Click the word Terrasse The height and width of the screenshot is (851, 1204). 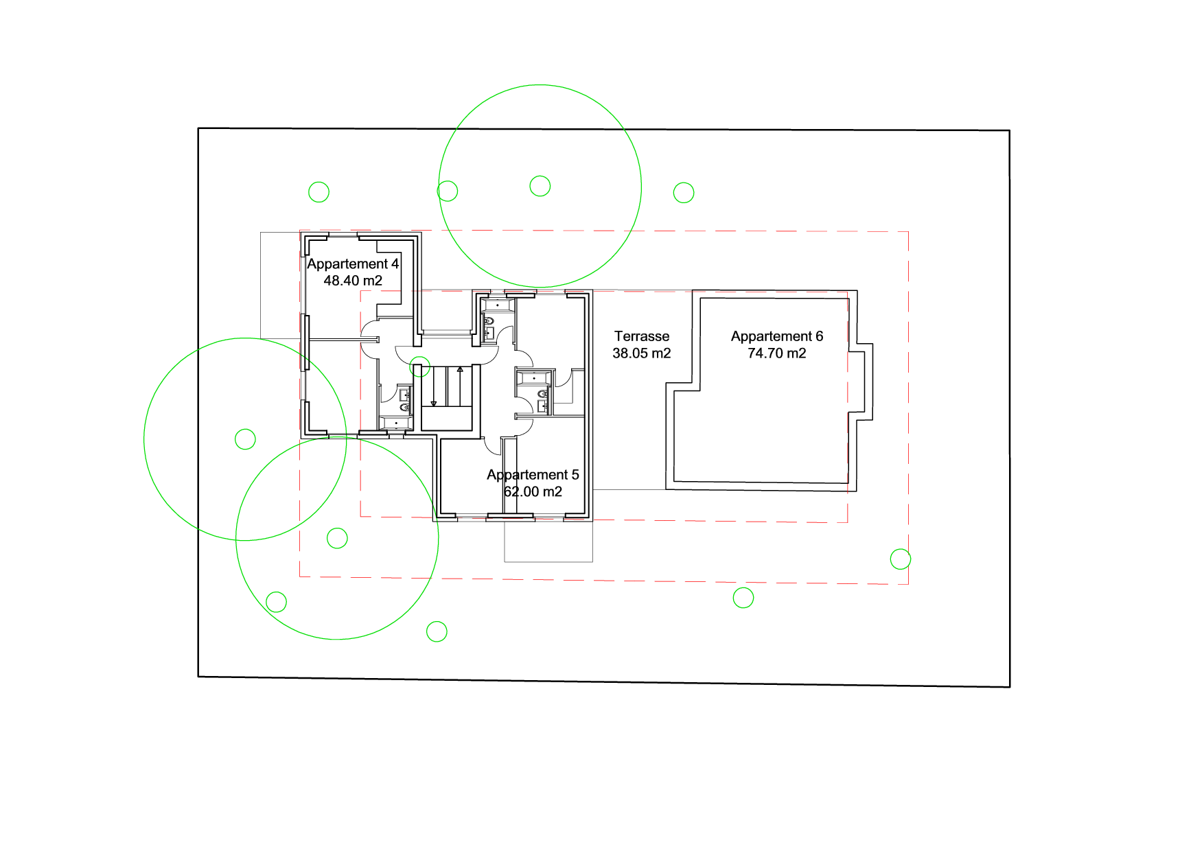[x=642, y=336]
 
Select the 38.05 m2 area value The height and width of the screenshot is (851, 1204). [x=642, y=353]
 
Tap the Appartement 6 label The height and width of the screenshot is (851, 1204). [x=777, y=336]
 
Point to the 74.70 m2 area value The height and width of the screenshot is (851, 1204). [x=777, y=353]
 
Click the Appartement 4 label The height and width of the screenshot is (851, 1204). [x=353, y=264]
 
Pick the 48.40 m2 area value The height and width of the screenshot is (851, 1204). [x=353, y=281]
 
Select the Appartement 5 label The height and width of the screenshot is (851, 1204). [x=533, y=475]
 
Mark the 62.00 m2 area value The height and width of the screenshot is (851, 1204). [x=533, y=492]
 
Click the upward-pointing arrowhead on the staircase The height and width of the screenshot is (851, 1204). [x=461, y=370]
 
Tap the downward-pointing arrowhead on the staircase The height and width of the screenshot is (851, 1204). [x=434, y=404]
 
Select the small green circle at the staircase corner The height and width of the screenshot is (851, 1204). [x=420, y=367]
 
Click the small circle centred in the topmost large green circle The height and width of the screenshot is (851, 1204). [x=540, y=186]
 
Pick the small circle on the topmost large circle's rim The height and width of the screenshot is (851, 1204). [x=448, y=191]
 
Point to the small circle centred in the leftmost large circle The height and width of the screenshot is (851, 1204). [x=245, y=439]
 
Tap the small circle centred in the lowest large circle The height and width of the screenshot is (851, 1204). [x=337, y=538]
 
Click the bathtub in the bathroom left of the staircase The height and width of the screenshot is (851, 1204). [x=396, y=423]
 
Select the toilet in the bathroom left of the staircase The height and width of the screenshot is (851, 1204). [x=405, y=408]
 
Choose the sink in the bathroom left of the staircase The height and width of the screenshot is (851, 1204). [x=405, y=394]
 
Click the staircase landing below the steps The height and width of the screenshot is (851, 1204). [x=447, y=419]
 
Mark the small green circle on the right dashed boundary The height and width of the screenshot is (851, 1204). [x=901, y=559]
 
